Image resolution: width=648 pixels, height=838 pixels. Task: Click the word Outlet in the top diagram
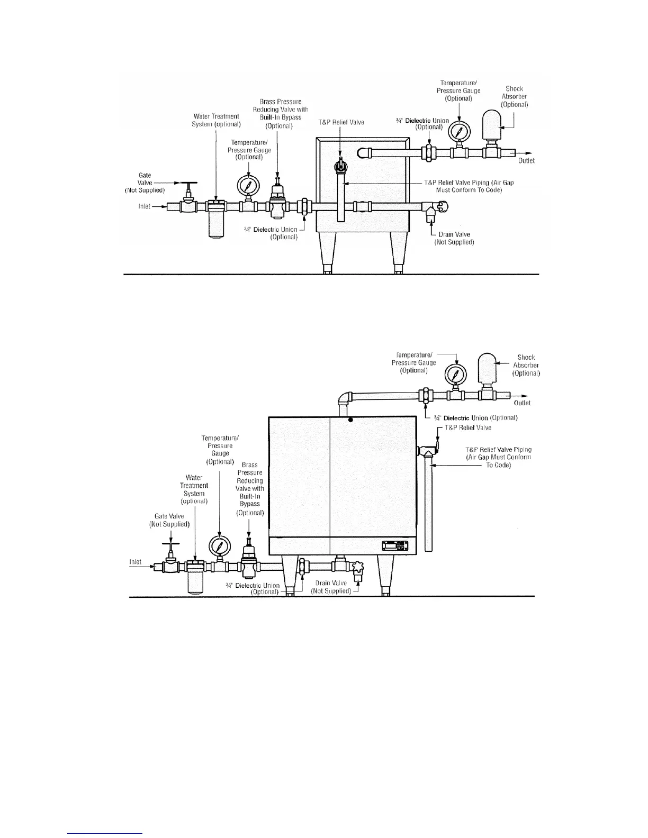(x=526, y=161)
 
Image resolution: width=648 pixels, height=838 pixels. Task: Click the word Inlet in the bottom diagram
(x=136, y=562)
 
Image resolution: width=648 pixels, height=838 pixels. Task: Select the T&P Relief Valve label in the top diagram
(x=341, y=122)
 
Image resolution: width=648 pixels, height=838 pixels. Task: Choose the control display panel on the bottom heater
(x=396, y=546)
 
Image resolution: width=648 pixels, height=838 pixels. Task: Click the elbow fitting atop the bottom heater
(x=345, y=398)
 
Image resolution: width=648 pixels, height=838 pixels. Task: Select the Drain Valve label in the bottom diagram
(x=331, y=587)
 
